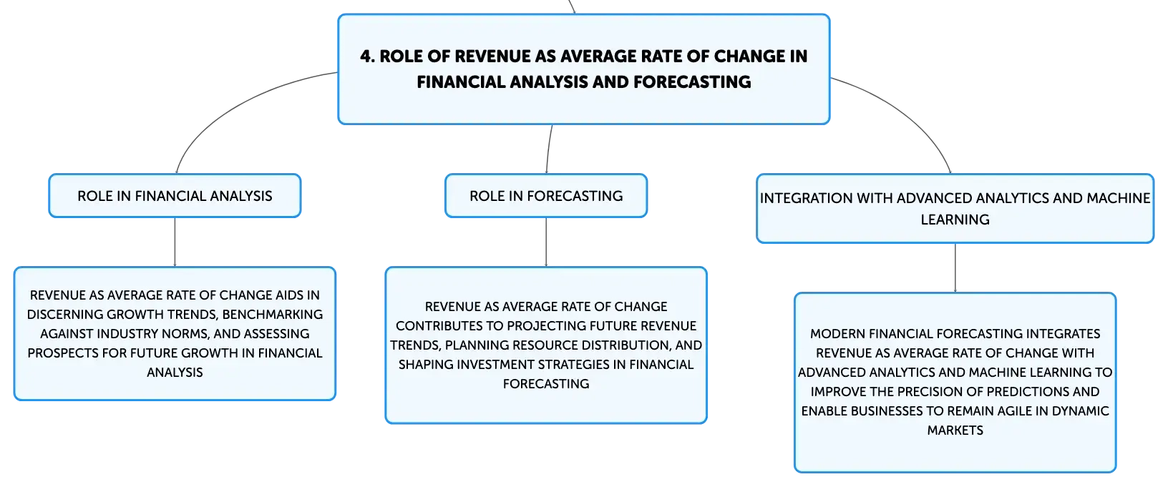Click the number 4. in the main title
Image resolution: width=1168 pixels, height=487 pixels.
coord(367,56)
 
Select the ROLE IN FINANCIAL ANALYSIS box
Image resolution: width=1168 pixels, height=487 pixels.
coord(175,196)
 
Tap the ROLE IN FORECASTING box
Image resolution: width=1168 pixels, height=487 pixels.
coord(546,196)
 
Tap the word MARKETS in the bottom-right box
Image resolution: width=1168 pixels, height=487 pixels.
coord(955,430)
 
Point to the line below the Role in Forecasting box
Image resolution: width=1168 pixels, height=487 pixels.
coord(546,242)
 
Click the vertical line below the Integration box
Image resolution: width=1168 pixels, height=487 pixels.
coord(955,267)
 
